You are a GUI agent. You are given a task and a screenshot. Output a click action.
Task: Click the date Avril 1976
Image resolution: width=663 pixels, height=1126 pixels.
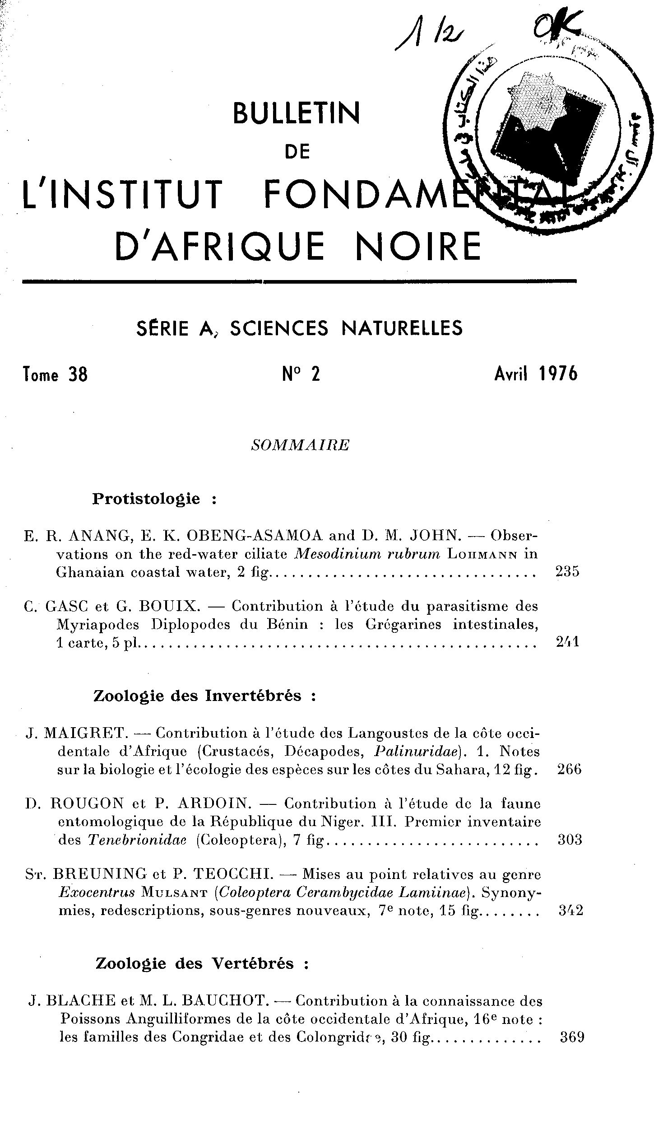tap(536, 374)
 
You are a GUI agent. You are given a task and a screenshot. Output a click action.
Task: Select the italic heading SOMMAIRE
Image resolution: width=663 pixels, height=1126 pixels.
tap(300, 445)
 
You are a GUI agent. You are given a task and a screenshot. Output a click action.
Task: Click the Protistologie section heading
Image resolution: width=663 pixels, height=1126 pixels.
tap(146, 499)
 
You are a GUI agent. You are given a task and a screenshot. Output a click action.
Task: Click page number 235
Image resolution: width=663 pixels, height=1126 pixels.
tap(567, 572)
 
